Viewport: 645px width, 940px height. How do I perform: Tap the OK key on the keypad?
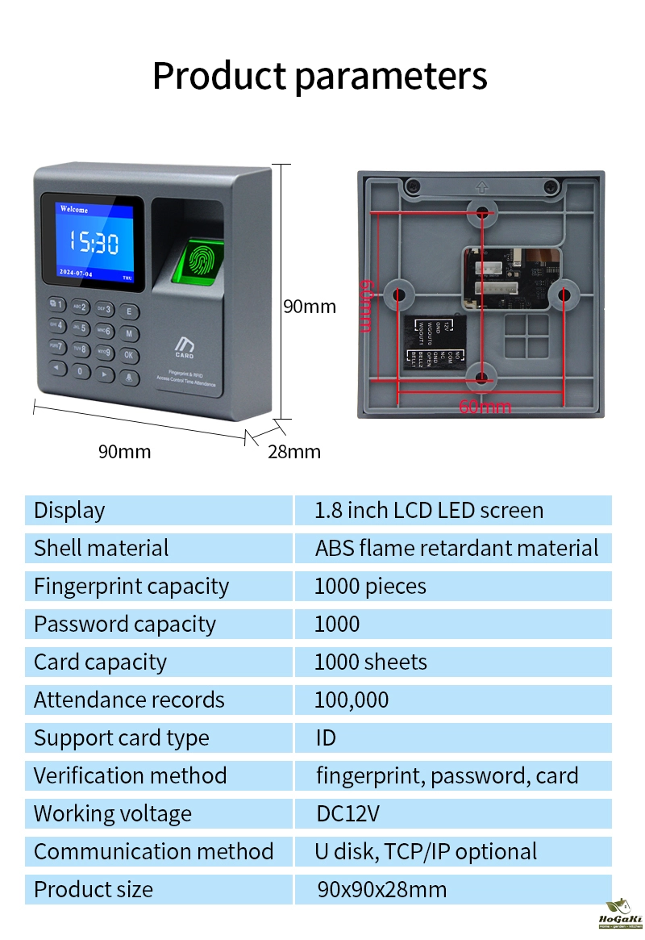click(x=130, y=353)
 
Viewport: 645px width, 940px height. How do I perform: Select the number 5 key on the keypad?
click(x=80, y=328)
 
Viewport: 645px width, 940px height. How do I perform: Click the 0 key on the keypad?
click(x=80, y=371)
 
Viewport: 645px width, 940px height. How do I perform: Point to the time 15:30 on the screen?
click(x=93, y=241)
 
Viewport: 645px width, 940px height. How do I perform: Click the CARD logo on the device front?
click(x=185, y=348)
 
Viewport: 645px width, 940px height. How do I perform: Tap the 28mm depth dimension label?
click(x=293, y=451)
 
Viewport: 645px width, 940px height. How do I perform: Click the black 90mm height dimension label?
click(x=309, y=307)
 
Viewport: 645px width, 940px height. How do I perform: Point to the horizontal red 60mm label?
click(x=485, y=407)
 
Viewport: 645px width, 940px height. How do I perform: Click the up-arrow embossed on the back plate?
click(x=482, y=187)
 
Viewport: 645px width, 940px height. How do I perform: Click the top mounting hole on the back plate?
click(x=482, y=214)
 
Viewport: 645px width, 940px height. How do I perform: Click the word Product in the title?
click(x=218, y=76)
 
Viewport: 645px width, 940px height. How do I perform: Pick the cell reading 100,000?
click(x=352, y=700)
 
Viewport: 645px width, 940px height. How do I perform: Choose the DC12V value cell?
click(x=347, y=813)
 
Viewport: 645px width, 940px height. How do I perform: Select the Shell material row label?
click(x=102, y=548)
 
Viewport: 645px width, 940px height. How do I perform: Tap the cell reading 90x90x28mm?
click(x=381, y=889)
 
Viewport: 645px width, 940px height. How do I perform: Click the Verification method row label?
click(x=131, y=775)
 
